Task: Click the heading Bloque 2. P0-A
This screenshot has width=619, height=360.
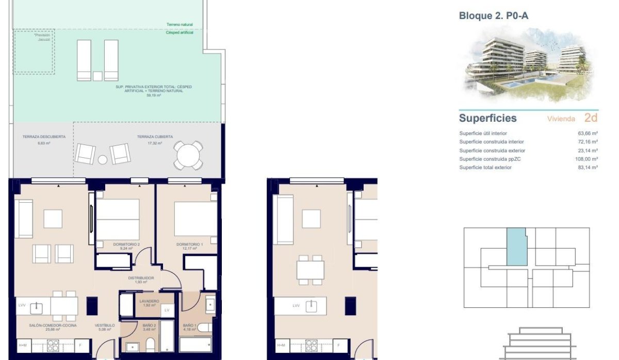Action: (x=493, y=16)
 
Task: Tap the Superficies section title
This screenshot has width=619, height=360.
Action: (x=487, y=118)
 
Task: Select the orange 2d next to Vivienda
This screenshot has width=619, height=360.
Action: (x=591, y=118)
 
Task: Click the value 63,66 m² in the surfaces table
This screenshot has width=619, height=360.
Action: (x=588, y=133)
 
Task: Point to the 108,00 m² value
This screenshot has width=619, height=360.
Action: (x=588, y=159)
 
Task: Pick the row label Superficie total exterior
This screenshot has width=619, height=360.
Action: (x=485, y=168)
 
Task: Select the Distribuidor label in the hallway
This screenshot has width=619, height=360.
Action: (x=141, y=279)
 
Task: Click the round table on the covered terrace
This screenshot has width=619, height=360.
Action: (x=188, y=154)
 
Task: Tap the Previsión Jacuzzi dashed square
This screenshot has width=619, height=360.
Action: (x=34, y=51)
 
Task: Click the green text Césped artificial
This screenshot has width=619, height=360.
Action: (x=180, y=32)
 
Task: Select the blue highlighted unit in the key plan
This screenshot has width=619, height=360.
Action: (x=516, y=247)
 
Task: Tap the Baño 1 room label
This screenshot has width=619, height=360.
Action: (x=190, y=326)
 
